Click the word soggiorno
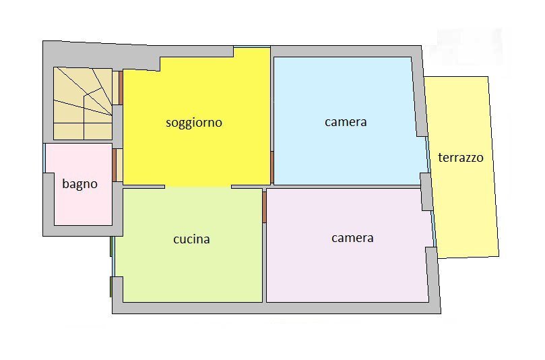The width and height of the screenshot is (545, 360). pyautogui.click(x=194, y=123)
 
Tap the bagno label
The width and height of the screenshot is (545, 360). pyautogui.click(x=80, y=183)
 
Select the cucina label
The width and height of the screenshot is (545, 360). pyautogui.click(x=191, y=239)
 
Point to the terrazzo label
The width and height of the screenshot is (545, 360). pyautogui.click(x=461, y=158)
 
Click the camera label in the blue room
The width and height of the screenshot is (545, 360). pyautogui.click(x=346, y=122)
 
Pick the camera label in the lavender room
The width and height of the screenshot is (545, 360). pyautogui.click(x=352, y=238)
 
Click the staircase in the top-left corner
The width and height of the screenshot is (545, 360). pyautogui.click(x=82, y=103)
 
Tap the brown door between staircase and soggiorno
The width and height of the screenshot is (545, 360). pyautogui.click(x=121, y=87)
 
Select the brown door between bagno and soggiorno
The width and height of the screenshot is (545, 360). pyautogui.click(x=115, y=164)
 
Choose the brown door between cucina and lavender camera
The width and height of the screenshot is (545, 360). pyautogui.click(x=265, y=206)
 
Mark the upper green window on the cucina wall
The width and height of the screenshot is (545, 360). pyautogui.click(x=111, y=246)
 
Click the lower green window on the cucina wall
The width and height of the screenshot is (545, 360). pyautogui.click(x=111, y=286)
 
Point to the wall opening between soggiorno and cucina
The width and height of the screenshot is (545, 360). pyautogui.click(x=198, y=187)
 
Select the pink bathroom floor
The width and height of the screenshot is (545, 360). pyautogui.click(x=77, y=206)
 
